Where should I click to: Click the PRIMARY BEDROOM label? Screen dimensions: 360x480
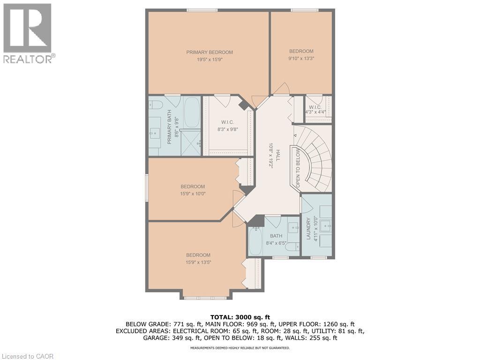tap(210, 52)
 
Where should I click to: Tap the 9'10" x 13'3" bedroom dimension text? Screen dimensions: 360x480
tap(301, 59)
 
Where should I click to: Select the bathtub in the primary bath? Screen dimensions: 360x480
tap(192, 112)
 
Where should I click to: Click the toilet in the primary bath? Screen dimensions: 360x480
tap(156, 105)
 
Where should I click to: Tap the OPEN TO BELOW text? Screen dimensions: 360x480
tap(298, 167)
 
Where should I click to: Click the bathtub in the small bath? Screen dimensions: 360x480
tap(255, 242)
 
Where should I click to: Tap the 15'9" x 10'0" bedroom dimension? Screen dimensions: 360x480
tap(193, 193)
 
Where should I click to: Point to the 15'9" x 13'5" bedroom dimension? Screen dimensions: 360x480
tap(198, 262)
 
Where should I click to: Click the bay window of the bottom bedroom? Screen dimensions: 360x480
tap(205, 298)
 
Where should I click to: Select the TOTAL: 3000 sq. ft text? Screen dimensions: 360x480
tap(240, 317)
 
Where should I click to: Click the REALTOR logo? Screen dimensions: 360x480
tap(28, 33)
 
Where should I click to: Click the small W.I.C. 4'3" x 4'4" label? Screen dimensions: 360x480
tap(317, 110)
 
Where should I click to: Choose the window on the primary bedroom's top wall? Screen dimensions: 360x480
tap(202, 10)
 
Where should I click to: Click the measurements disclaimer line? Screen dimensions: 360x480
tap(240, 348)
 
